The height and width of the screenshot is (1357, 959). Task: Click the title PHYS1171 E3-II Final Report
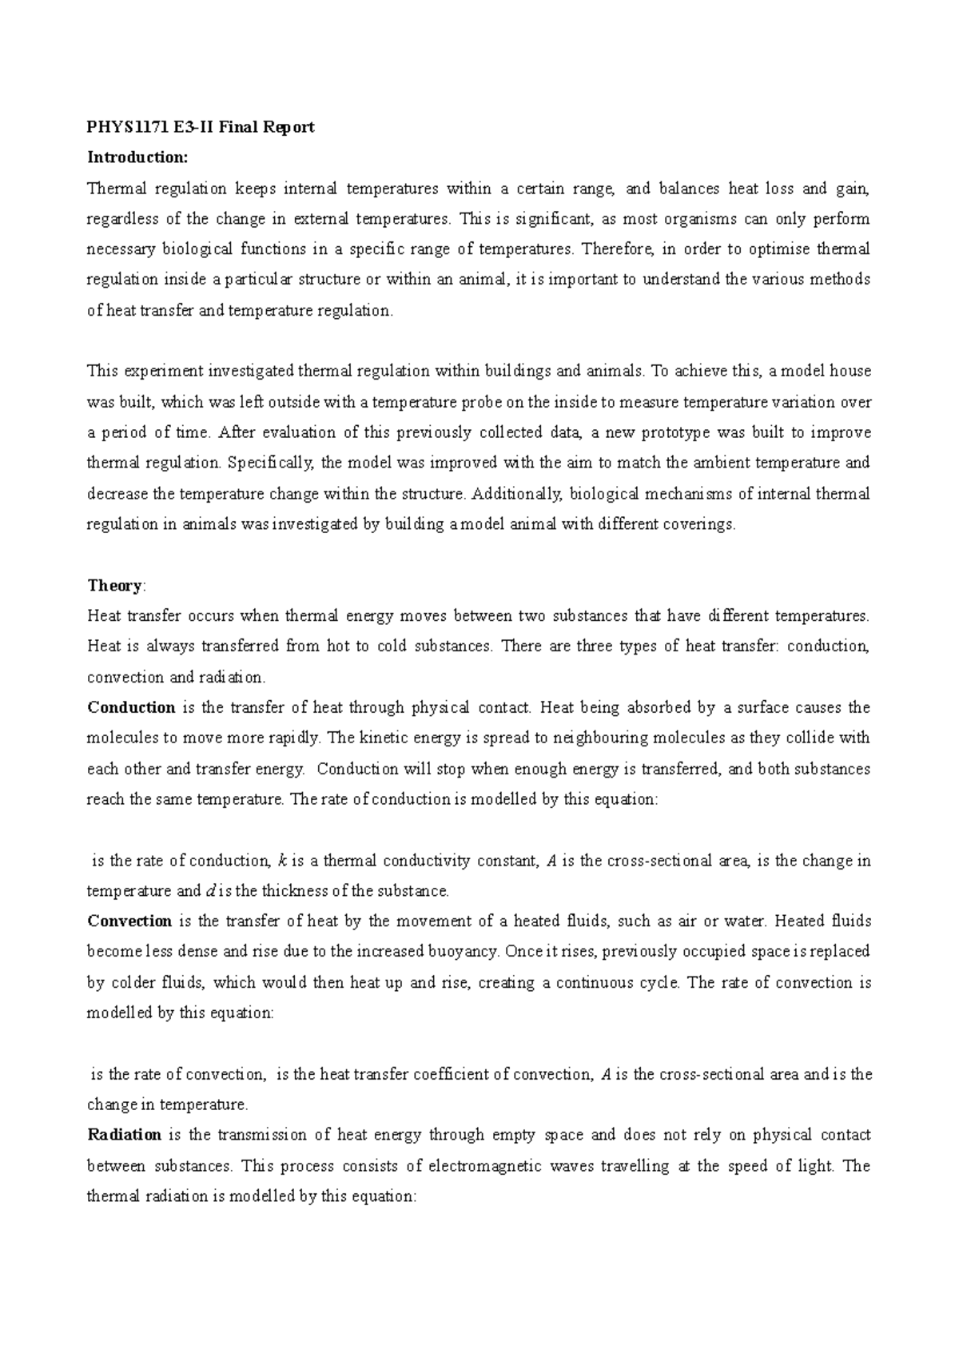pos(201,127)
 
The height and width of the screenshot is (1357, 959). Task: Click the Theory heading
pos(114,585)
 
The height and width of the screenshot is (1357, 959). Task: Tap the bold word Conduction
pos(131,707)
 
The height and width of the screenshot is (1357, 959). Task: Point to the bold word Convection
pos(129,921)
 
